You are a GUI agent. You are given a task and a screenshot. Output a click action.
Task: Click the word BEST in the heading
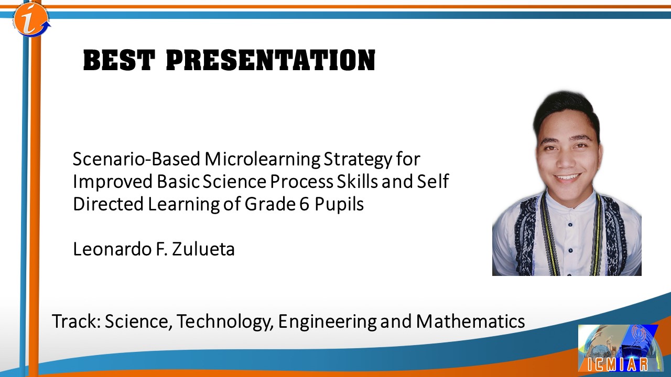tap(119, 60)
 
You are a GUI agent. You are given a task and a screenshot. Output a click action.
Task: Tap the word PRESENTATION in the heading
tap(270, 60)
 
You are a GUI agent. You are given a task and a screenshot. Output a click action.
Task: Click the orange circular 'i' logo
tap(31, 20)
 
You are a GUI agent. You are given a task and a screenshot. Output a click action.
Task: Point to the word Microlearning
tap(263, 159)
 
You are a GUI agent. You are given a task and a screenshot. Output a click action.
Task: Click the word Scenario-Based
tap(137, 159)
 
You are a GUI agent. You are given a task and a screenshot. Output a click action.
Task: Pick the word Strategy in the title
tap(358, 160)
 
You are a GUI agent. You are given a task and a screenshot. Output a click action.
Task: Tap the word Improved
tap(113, 182)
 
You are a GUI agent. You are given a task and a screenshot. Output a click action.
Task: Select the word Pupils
tap(339, 204)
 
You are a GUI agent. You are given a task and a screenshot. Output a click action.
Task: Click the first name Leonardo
tap(112, 249)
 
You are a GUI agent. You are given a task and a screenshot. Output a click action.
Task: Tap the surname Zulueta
tap(203, 249)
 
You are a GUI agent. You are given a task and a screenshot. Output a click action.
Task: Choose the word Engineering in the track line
tap(327, 321)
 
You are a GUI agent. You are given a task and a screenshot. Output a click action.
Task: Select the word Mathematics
tap(470, 321)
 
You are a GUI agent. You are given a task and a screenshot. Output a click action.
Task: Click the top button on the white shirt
tap(570, 225)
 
